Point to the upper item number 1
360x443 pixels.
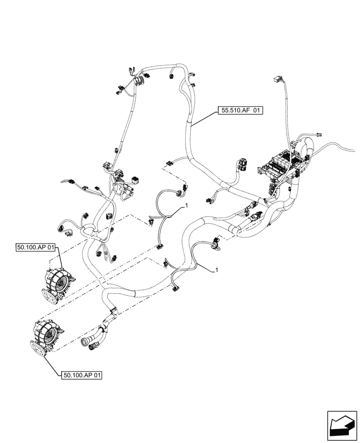point(187,206)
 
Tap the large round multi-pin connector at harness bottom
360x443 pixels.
point(84,343)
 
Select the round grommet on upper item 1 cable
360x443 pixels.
point(180,191)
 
